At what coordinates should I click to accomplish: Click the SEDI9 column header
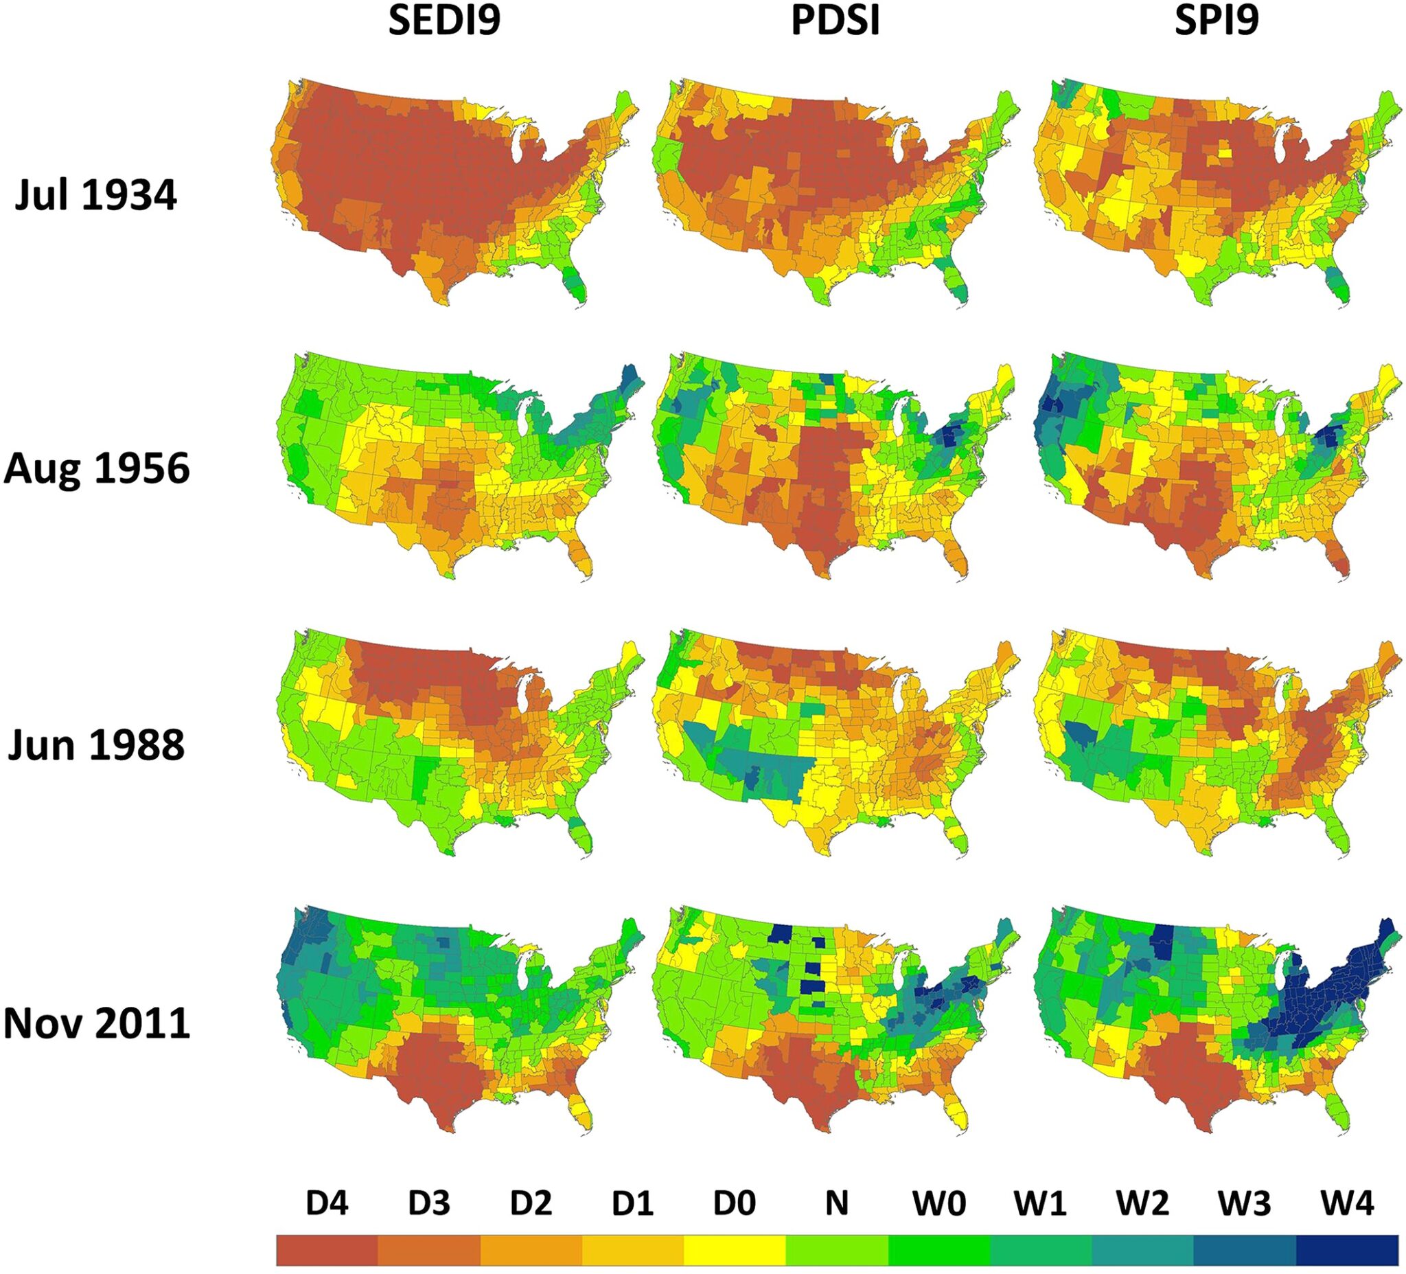[444, 21]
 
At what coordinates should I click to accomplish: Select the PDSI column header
[835, 21]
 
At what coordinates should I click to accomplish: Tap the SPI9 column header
[1217, 21]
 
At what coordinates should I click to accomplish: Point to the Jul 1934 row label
[96, 195]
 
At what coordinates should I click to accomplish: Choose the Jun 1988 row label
[96, 745]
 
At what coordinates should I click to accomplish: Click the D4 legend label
[327, 1203]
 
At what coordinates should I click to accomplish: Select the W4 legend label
[1347, 1203]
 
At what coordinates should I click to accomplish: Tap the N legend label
[836, 1203]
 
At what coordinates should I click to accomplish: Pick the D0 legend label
[735, 1203]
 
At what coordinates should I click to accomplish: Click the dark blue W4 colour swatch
[1348, 1250]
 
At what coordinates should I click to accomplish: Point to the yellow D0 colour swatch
[735, 1250]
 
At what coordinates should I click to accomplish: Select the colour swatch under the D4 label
[327, 1250]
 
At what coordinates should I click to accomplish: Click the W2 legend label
[1142, 1203]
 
